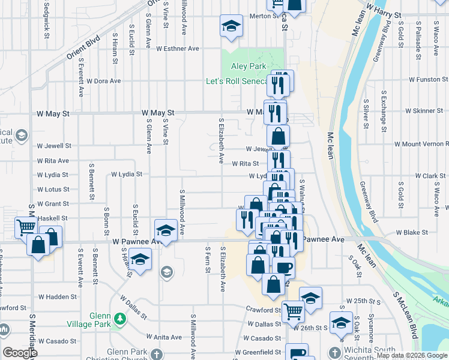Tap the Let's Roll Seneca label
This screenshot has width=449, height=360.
pos(237,81)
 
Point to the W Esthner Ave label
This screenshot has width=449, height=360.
pos(178,49)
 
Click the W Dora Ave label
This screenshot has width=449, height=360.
pos(103,80)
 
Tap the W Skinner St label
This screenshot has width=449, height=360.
pos(424,111)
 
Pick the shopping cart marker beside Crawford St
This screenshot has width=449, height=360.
pos(293,311)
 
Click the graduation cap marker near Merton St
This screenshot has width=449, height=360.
pos(230,26)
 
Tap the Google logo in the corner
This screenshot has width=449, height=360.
pos(20,353)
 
